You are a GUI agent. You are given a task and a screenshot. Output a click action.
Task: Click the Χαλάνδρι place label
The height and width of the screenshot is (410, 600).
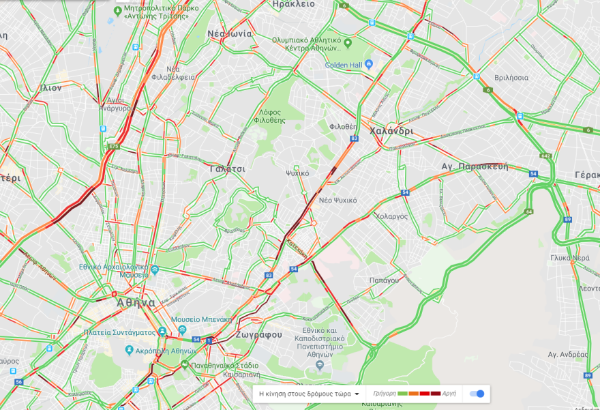(x=391, y=131)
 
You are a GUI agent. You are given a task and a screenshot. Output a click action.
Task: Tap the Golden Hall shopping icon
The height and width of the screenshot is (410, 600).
(x=369, y=65)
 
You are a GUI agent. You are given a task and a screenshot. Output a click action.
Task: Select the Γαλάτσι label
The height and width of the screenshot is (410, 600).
(x=228, y=168)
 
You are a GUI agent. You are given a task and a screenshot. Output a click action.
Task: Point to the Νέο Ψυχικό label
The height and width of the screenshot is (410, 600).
(x=337, y=200)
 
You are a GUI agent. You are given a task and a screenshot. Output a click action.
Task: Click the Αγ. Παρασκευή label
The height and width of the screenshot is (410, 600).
(x=475, y=166)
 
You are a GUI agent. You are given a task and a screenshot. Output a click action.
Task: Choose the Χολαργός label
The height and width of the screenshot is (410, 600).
(x=391, y=216)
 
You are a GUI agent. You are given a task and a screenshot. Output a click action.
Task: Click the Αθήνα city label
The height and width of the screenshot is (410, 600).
(x=136, y=302)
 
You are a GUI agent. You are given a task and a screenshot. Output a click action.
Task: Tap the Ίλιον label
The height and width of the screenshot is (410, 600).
(x=51, y=87)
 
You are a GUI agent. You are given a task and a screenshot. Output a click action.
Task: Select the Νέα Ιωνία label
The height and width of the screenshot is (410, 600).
(x=230, y=33)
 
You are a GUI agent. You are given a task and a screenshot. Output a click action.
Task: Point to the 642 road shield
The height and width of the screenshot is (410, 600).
(x=545, y=156)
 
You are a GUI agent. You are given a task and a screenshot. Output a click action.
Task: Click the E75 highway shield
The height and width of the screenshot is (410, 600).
(x=114, y=146)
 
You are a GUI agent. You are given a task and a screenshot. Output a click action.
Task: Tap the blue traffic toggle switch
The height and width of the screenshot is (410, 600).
(x=479, y=394)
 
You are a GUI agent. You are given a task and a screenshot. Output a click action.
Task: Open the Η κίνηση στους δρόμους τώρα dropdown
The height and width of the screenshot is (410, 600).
(x=309, y=394)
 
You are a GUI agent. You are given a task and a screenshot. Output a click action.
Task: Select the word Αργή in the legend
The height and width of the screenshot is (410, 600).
(x=449, y=394)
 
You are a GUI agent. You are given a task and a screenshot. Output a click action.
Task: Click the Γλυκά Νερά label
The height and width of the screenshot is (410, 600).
(x=570, y=258)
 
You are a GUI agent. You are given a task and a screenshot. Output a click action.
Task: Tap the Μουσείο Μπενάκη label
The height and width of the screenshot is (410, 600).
(x=202, y=319)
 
